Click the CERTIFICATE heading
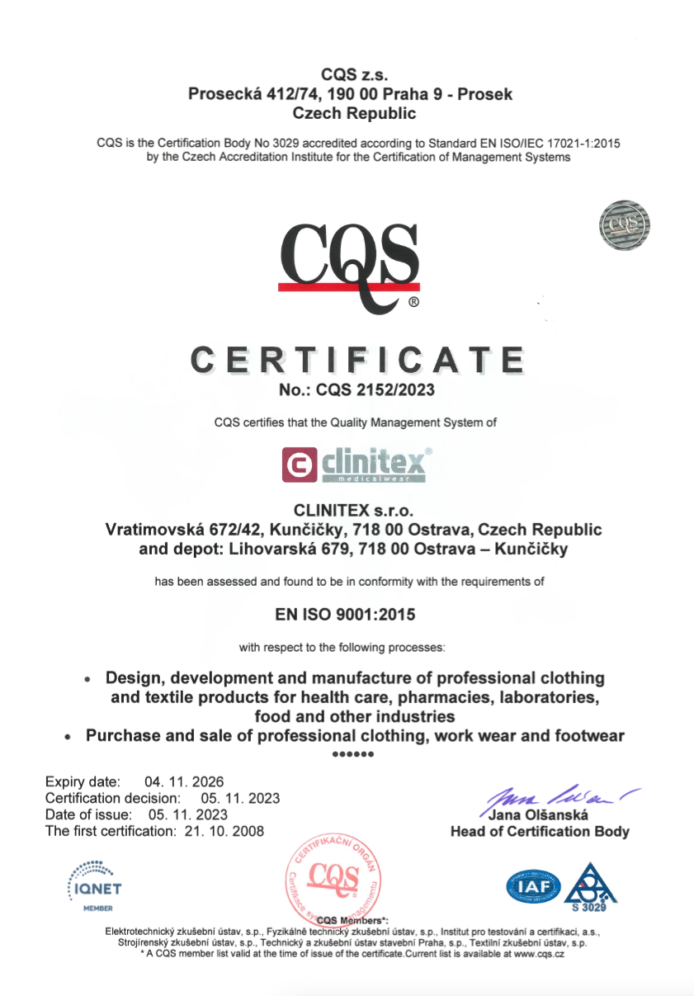point(357,361)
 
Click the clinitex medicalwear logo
point(356,464)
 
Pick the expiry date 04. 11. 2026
point(184,781)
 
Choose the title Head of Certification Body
point(540,832)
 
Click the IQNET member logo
point(93,885)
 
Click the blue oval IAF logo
point(533,885)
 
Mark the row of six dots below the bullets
point(352,754)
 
